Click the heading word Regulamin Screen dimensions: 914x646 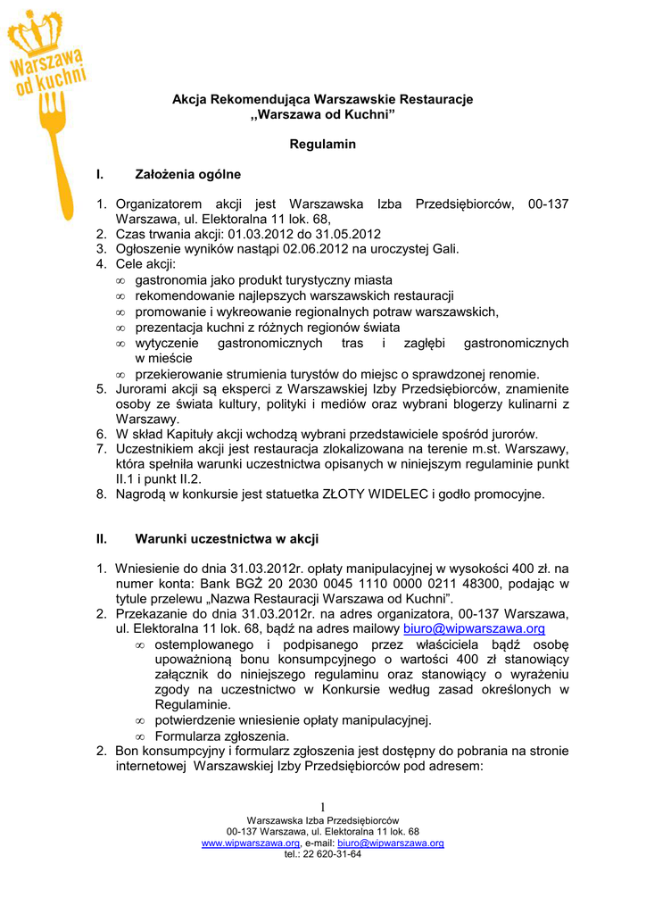tap(322, 145)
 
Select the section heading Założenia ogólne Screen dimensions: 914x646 tap(187, 174)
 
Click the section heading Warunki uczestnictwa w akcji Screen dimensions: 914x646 tap(227, 539)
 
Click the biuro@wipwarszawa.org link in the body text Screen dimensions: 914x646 tap(474, 628)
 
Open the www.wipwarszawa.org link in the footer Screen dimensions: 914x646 tap(251, 843)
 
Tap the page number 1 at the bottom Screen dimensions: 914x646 tap(323, 807)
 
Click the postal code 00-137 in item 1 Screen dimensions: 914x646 tap(548, 204)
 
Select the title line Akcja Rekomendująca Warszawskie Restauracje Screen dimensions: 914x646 tap(322, 99)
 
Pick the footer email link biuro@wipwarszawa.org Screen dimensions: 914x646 tap(391, 843)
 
